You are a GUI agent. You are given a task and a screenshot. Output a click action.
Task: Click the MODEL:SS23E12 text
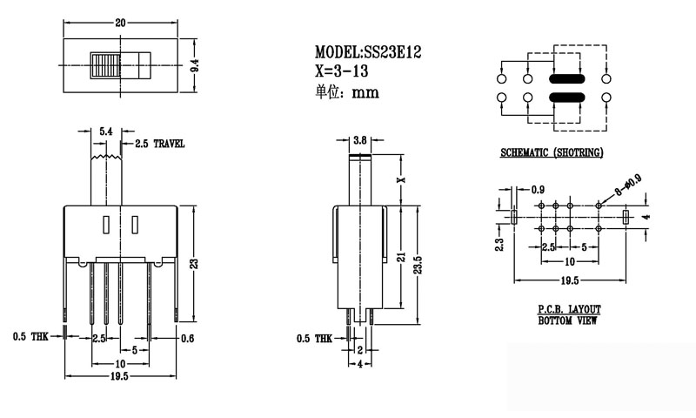tap(369, 53)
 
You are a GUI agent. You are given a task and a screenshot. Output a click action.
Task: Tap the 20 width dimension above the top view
tap(120, 23)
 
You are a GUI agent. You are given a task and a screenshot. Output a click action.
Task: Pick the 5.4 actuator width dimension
tap(105, 130)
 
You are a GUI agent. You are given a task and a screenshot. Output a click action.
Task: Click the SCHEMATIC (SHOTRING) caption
tap(552, 154)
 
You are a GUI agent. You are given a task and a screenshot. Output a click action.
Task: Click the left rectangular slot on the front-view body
tap(105, 225)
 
